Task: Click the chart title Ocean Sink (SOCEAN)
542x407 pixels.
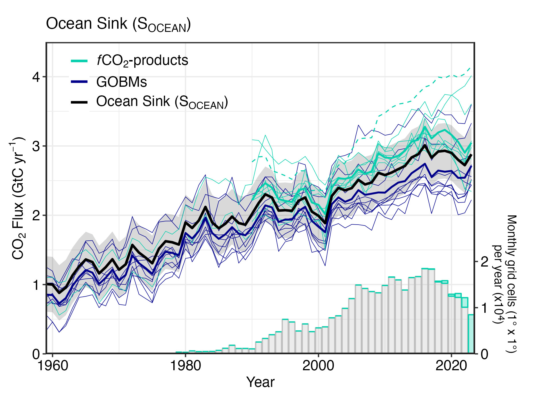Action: (118, 24)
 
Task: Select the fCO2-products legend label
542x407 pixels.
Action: (142, 61)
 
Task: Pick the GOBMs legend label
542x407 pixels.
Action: (122, 82)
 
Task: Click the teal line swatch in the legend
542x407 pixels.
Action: (79, 61)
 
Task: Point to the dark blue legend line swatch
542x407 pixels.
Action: (79, 82)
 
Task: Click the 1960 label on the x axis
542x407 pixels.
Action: (53, 366)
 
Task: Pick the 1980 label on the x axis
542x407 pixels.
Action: (185, 366)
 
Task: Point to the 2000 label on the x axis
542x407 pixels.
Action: (318, 366)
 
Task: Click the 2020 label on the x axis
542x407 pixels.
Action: (451, 366)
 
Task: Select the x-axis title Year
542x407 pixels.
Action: (260, 382)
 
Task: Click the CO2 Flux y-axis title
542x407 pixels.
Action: (18, 198)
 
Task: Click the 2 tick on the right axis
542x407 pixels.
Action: (485, 262)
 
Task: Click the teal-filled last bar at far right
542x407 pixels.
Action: (471, 334)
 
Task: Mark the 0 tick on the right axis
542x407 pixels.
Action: (485, 354)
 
